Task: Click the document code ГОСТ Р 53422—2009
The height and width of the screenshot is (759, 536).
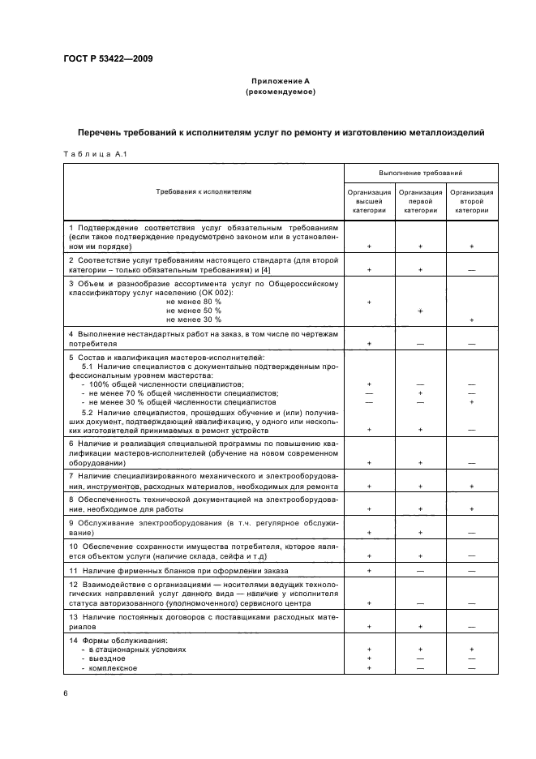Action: (103, 58)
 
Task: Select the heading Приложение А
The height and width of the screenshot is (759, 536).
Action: (280, 81)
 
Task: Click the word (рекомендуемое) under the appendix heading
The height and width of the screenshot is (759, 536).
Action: (280, 92)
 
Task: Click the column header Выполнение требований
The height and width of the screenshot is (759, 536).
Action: (420, 174)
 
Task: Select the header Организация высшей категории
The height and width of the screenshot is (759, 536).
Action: (369, 201)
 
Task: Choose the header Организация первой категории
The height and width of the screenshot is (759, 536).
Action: (420, 201)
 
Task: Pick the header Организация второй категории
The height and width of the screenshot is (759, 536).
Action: (471, 201)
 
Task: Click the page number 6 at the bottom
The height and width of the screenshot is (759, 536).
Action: (66, 694)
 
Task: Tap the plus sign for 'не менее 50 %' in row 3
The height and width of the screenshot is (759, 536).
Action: (420, 311)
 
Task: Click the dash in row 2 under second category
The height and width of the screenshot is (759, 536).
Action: (471, 269)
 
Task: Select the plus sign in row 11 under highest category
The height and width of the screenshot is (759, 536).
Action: (369, 571)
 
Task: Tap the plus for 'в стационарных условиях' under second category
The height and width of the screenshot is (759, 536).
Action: (471, 650)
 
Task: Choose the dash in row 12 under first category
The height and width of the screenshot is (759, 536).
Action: (420, 603)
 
